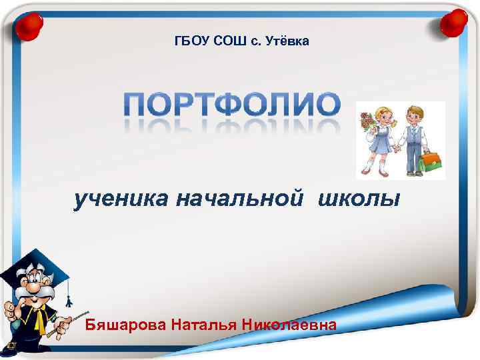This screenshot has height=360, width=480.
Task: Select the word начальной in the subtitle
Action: coord(240,198)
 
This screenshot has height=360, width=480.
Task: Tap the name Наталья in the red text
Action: coord(203,325)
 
